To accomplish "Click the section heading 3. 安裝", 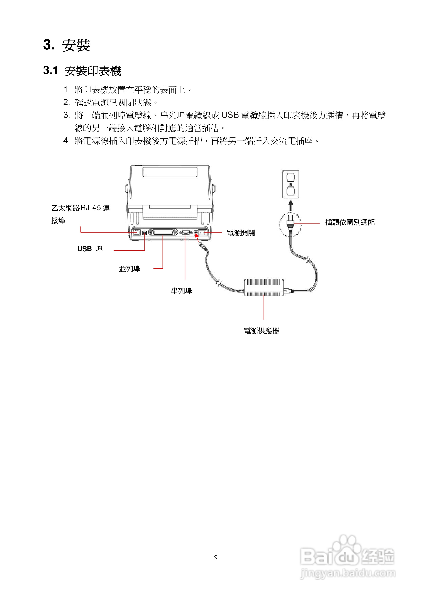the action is click(67, 45).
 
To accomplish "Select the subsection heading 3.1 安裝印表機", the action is click(82, 71).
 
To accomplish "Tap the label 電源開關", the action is click(241, 233).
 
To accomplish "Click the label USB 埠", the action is click(90, 249).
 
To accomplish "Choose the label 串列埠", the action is click(181, 291).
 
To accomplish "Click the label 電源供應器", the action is click(261, 331).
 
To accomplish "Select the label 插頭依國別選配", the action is click(350, 222).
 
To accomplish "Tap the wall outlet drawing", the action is click(290, 184).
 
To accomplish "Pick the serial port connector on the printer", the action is click(186, 232).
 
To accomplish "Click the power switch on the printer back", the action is click(203, 232).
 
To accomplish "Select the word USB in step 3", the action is click(230, 115).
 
